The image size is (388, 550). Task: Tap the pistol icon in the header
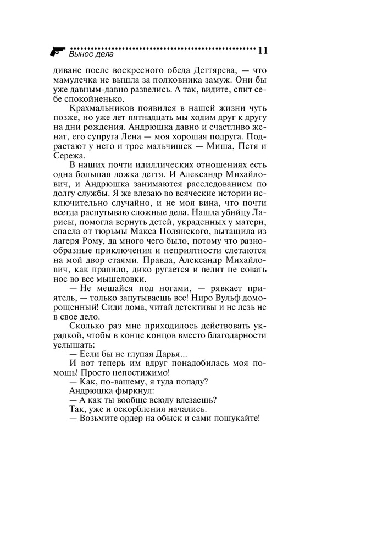pyautogui.click(x=57, y=52)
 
